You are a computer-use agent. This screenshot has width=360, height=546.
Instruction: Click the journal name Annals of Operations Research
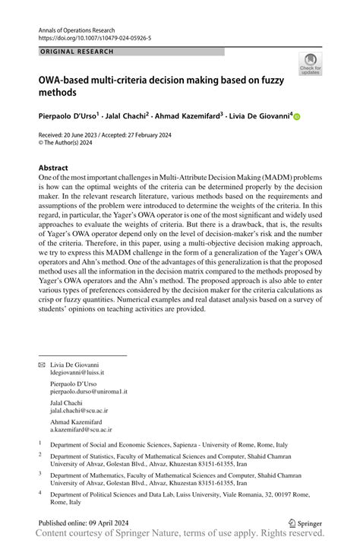click(x=85, y=26)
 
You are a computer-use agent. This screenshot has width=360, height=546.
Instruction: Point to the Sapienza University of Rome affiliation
click(x=169, y=443)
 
